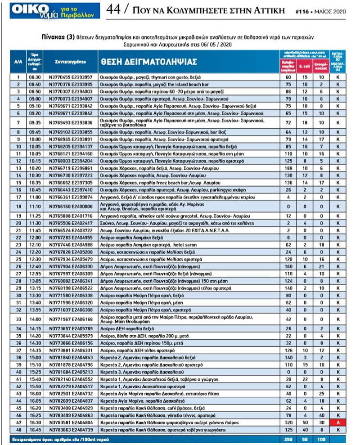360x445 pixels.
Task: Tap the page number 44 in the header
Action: [x=114, y=9]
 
